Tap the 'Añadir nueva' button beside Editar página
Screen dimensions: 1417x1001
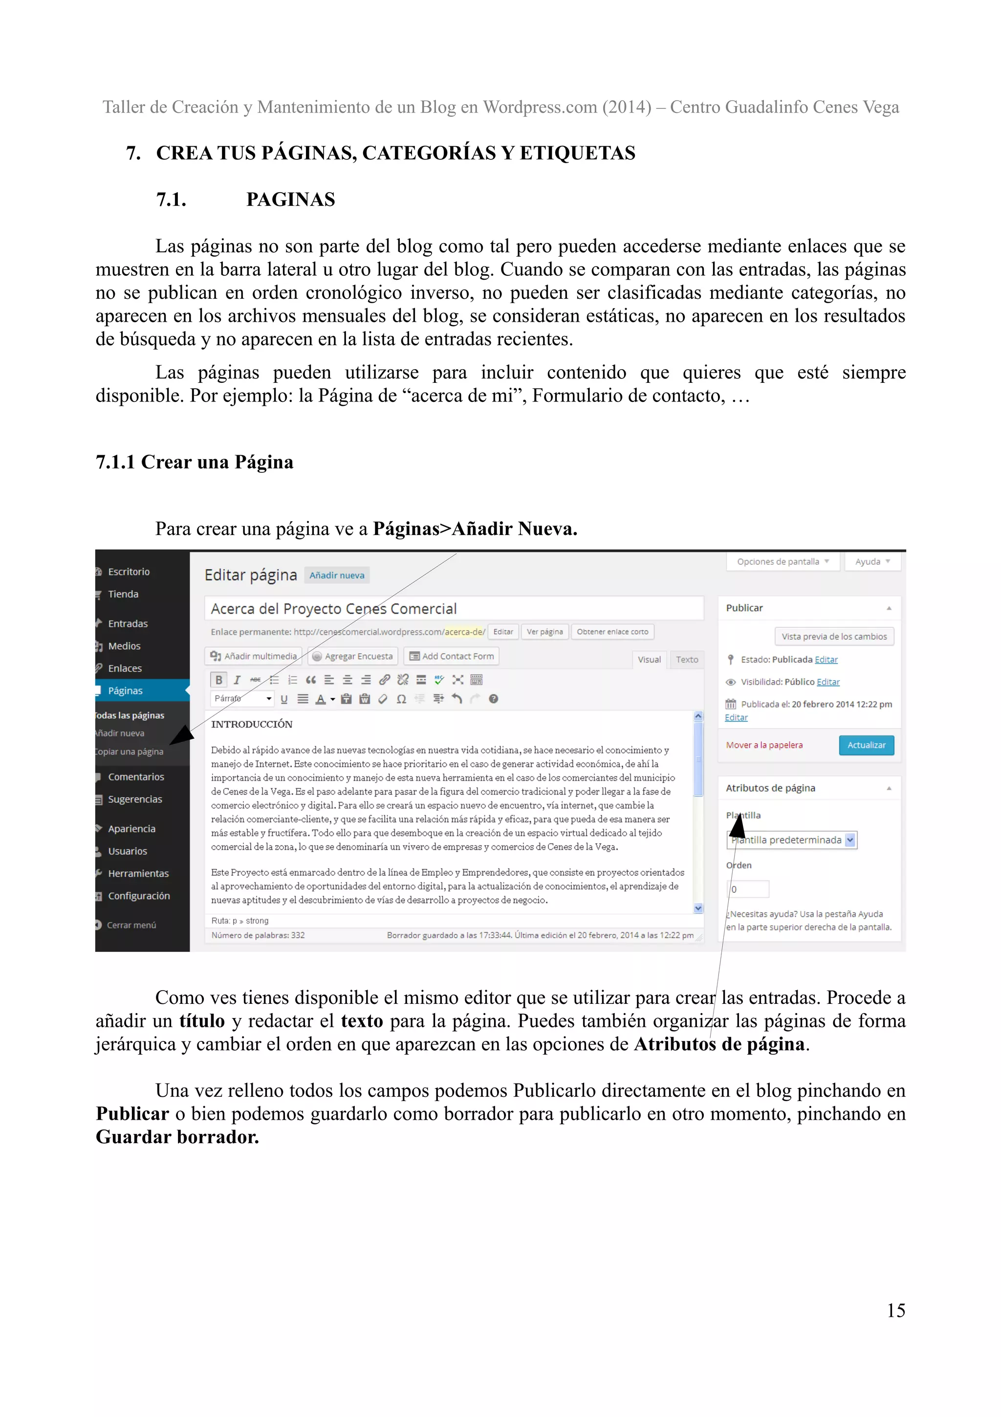tap(337, 575)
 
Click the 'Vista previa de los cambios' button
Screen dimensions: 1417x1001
tap(834, 636)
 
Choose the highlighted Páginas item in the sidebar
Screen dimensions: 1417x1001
tap(125, 690)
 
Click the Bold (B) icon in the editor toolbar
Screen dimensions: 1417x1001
tap(218, 680)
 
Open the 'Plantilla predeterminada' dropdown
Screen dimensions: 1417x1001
tap(791, 840)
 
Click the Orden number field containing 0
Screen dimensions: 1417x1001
tap(749, 889)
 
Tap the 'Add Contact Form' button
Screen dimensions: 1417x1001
tap(452, 656)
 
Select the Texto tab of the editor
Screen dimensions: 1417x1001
tap(686, 659)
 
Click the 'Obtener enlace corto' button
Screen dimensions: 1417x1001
tap(612, 632)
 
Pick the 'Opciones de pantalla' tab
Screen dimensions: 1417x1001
tap(783, 562)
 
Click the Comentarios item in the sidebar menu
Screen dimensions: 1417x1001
tap(136, 776)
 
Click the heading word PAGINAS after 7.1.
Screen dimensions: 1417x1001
tap(290, 199)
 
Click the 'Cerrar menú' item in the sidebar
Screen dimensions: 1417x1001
tap(131, 925)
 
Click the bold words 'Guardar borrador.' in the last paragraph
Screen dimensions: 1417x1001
tap(177, 1137)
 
